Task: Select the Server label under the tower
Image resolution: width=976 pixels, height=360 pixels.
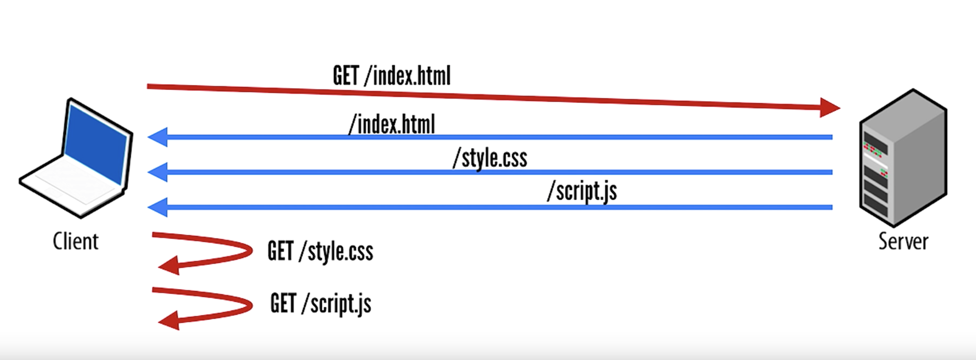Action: click(x=903, y=242)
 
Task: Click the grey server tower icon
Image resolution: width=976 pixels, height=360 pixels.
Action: click(x=903, y=158)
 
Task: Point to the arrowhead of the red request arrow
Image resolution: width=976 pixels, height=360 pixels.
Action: click(x=829, y=107)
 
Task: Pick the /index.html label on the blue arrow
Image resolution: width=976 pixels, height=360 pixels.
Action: click(x=392, y=124)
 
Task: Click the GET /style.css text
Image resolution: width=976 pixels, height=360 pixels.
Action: click(x=320, y=251)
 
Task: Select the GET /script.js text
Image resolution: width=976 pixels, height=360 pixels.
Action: click(x=321, y=303)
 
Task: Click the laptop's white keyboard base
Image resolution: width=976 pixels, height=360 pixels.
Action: click(x=70, y=184)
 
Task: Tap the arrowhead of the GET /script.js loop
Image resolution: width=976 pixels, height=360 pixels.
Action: click(x=170, y=321)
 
